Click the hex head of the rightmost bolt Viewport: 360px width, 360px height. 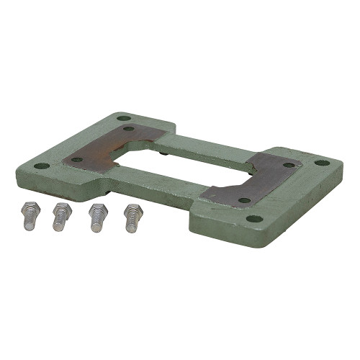click(x=132, y=211)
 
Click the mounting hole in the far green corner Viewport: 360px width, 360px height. click(x=124, y=117)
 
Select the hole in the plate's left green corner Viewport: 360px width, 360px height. click(x=42, y=166)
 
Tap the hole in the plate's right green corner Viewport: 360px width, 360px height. click(x=321, y=163)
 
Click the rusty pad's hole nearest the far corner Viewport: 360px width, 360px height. click(x=129, y=129)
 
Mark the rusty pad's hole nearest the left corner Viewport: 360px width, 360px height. click(x=77, y=159)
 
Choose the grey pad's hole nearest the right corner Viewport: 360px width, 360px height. click(x=289, y=165)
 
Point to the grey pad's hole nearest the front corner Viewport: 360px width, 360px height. click(x=244, y=200)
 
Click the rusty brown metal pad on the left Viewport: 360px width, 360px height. click(x=108, y=148)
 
